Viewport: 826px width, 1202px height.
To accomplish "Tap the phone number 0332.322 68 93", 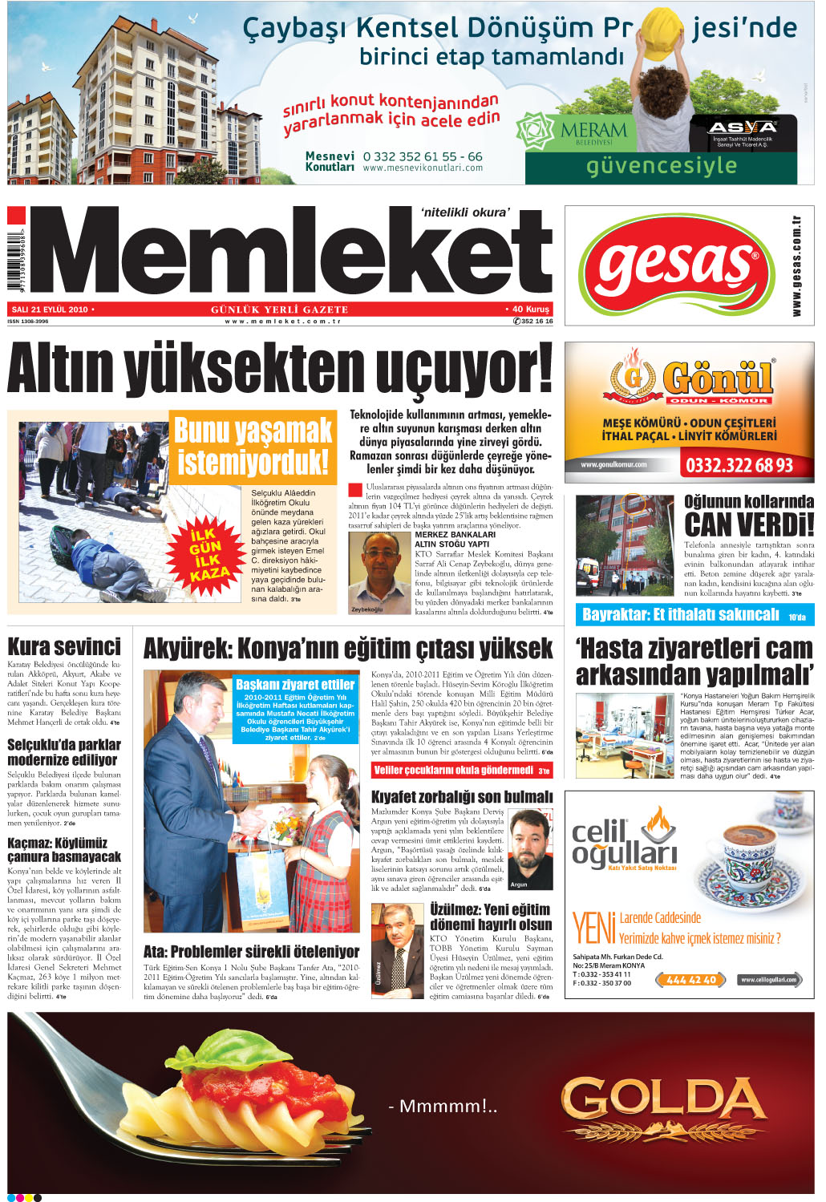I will (x=738, y=465).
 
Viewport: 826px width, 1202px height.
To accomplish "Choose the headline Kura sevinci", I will (x=64, y=647).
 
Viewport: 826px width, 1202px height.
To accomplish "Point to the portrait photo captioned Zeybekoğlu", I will (x=379, y=569).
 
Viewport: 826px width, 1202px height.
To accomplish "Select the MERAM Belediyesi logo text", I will (x=593, y=130).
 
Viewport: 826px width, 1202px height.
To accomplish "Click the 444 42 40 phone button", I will (x=690, y=980).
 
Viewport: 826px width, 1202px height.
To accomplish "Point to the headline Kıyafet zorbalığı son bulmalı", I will (x=462, y=797).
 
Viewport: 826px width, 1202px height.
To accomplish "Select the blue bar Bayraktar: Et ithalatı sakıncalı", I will (x=693, y=615).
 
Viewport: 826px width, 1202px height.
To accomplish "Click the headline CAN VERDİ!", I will (x=748, y=525).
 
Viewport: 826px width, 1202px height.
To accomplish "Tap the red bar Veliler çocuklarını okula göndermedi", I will (x=461, y=771).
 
